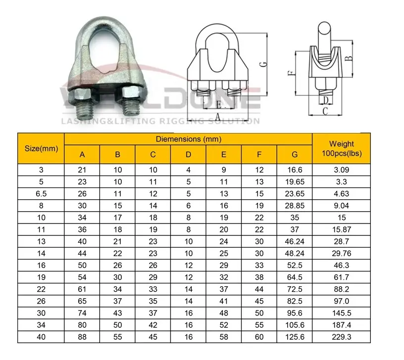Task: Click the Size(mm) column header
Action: [41, 148]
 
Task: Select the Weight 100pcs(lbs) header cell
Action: [341, 148]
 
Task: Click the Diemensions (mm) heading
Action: [188, 139]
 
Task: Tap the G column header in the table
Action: [295, 155]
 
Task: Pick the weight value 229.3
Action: [341, 337]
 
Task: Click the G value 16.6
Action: [295, 170]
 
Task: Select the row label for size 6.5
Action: [41, 193]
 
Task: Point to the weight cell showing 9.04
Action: [341, 205]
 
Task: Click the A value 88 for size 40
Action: [82, 337]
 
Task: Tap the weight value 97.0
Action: [341, 301]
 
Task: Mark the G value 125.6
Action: [295, 337]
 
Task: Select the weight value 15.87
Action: [341, 229]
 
